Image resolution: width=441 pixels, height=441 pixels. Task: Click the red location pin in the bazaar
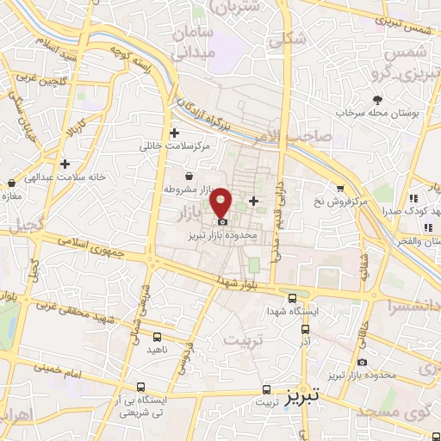221,202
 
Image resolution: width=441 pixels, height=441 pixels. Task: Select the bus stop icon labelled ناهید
157,337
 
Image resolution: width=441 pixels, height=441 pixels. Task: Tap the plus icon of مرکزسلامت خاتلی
175,133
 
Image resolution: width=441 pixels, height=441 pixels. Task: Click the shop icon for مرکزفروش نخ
340,189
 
